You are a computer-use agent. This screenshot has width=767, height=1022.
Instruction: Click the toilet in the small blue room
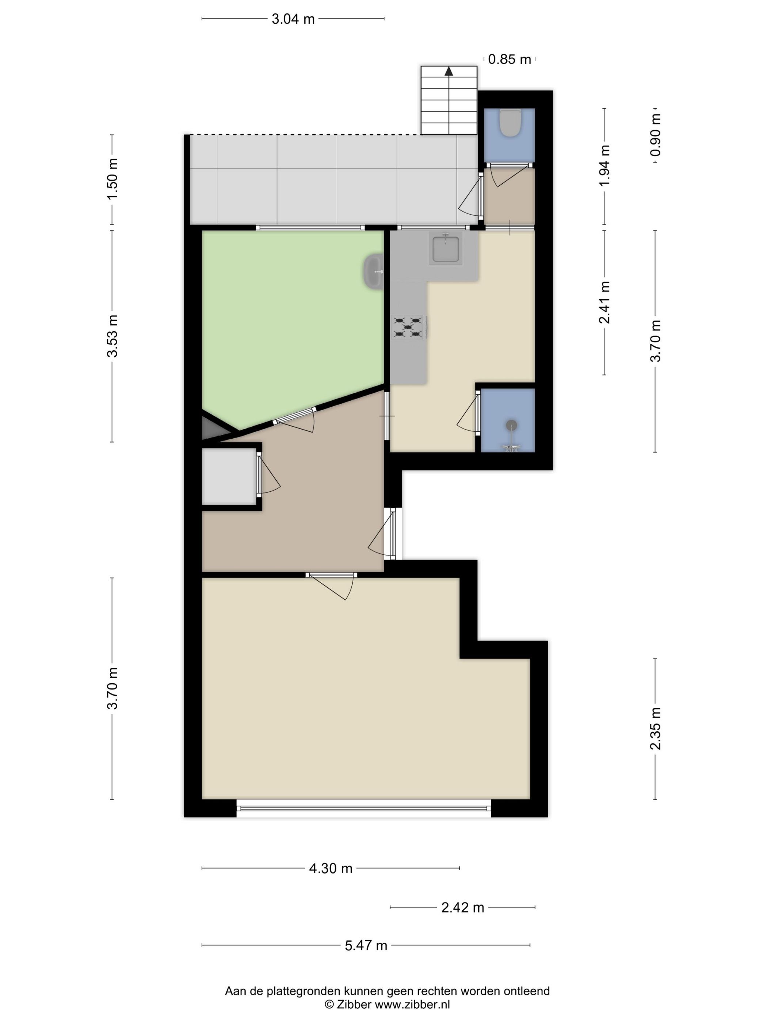(x=510, y=122)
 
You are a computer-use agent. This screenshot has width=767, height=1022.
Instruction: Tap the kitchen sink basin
(x=445, y=249)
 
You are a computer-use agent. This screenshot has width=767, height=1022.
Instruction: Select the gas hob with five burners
(x=408, y=327)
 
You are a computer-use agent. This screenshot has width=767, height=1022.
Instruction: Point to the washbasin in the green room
(x=374, y=272)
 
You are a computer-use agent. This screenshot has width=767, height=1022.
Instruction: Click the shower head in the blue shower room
(x=511, y=424)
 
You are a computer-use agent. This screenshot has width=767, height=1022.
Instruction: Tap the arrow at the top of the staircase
(x=449, y=71)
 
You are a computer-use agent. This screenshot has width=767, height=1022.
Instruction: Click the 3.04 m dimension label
(x=293, y=19)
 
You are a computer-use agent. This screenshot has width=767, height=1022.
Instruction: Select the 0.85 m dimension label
(x=509, y=59)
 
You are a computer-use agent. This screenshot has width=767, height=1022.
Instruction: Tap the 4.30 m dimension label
(x=331, y=868)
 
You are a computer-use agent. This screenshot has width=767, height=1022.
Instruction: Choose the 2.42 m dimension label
(x=462, y=907)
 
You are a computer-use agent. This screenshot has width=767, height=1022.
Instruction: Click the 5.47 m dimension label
(x=366, y=945)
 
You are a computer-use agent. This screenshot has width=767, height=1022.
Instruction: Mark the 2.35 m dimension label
(x=655, y=729)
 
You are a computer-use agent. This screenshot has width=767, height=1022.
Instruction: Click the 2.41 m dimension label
(x=604, y=302)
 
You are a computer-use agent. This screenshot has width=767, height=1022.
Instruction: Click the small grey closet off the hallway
(x=229, y=476)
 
